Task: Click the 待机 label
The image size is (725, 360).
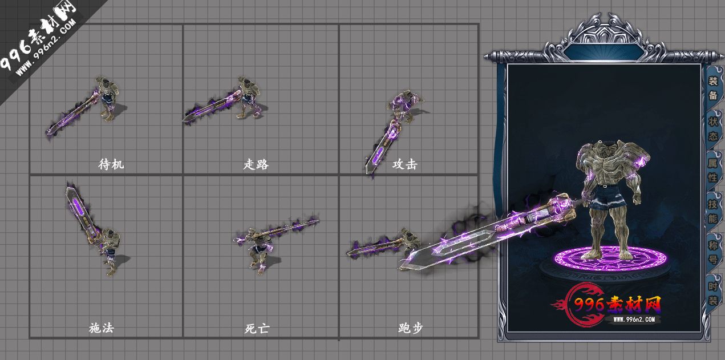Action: point(111,165)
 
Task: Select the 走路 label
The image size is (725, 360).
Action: point(256,165)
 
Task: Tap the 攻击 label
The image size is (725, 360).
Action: point(404,165)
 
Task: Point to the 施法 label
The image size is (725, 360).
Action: point(102,328)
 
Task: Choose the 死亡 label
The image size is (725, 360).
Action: point(257,329)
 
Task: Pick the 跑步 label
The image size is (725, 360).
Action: point(410,328)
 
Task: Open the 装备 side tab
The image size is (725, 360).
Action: point(713,88)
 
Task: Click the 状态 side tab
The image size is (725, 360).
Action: point(713,129)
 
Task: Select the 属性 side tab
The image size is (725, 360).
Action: point(713,170)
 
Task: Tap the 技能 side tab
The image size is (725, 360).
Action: point(713,211)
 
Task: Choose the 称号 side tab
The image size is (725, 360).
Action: point(713,252)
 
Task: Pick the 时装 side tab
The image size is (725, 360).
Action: point(713,293)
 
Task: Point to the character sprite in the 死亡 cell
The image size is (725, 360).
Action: point(260,251)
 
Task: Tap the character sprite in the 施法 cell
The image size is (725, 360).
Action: point(110,251)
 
